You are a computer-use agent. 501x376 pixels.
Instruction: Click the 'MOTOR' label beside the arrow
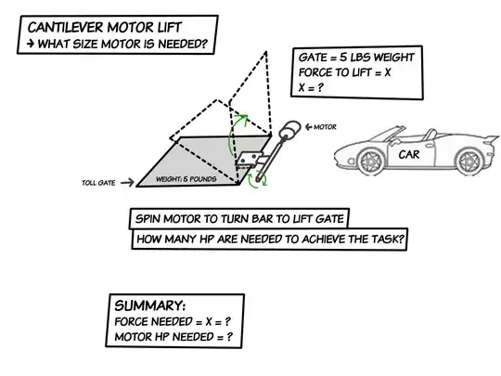coord(326,125)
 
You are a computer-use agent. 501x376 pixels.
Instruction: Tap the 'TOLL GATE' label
coord(97,184)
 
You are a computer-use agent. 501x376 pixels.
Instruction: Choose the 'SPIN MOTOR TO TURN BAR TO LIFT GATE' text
coord(238,220)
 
